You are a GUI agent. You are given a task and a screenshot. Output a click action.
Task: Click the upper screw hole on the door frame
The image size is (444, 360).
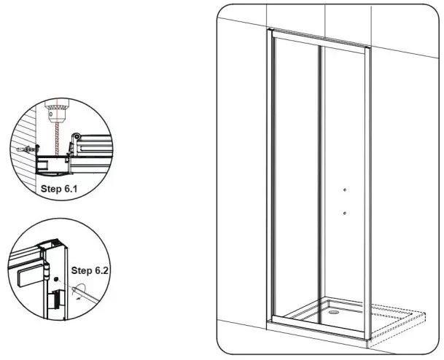point(343,190)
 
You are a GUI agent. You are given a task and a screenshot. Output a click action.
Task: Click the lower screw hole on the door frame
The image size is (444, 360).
point(343,214)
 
